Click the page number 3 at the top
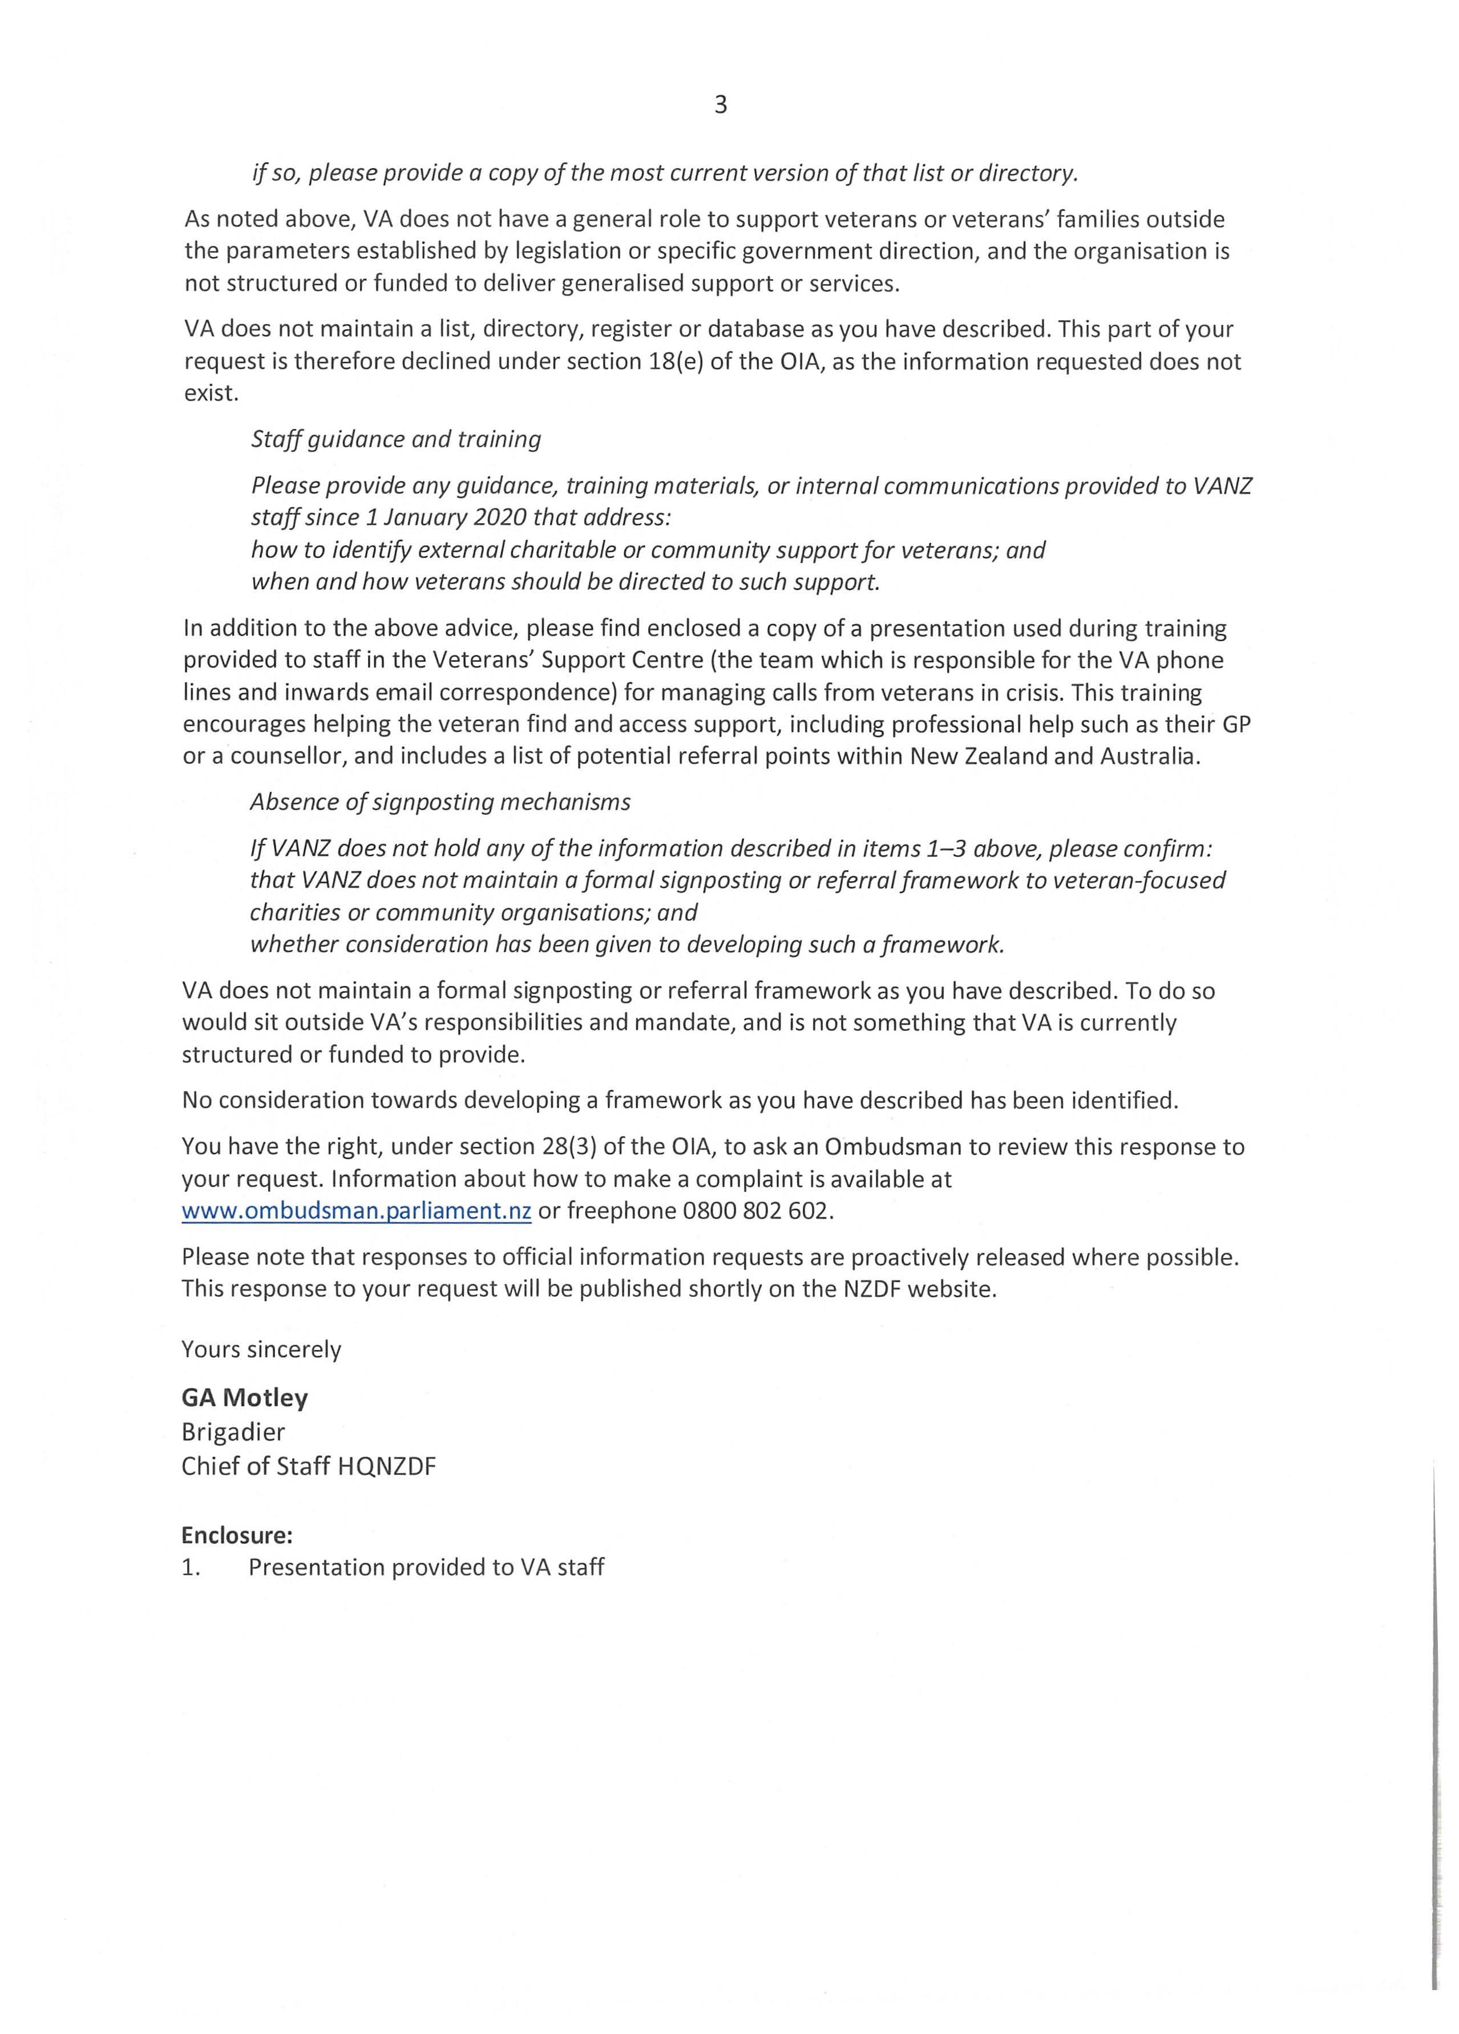tap(720, 106)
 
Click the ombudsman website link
tap(356, 1211)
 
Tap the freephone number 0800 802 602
tap(758, 1211)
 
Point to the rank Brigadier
tap(233, 1432)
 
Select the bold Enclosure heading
tap(237, 1535)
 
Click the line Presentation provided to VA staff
tap(426, 1568)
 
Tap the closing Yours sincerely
tap(261, 1350)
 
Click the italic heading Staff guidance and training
tap(395, 439)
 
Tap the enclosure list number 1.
tap(189, 1568)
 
